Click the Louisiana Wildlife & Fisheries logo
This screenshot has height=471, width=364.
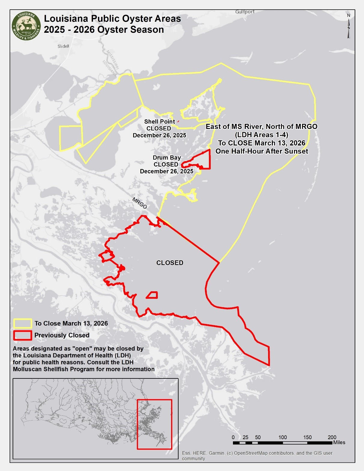26,26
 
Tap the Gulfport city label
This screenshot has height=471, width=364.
245,12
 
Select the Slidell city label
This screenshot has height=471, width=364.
63,46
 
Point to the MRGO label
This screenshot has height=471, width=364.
140,203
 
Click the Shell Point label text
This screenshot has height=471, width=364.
159,121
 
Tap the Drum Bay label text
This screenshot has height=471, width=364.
167,158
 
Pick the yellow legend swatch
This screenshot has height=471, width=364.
23,323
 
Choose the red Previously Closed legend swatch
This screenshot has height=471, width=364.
23,335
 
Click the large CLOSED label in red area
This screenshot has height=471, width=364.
170,263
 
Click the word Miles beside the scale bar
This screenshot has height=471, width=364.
339,442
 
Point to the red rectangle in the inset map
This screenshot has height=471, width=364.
154,424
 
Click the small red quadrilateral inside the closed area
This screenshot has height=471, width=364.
153,295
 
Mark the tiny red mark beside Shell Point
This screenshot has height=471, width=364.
178,121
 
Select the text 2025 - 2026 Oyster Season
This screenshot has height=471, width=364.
104,30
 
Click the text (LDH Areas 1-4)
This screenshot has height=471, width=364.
262,135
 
